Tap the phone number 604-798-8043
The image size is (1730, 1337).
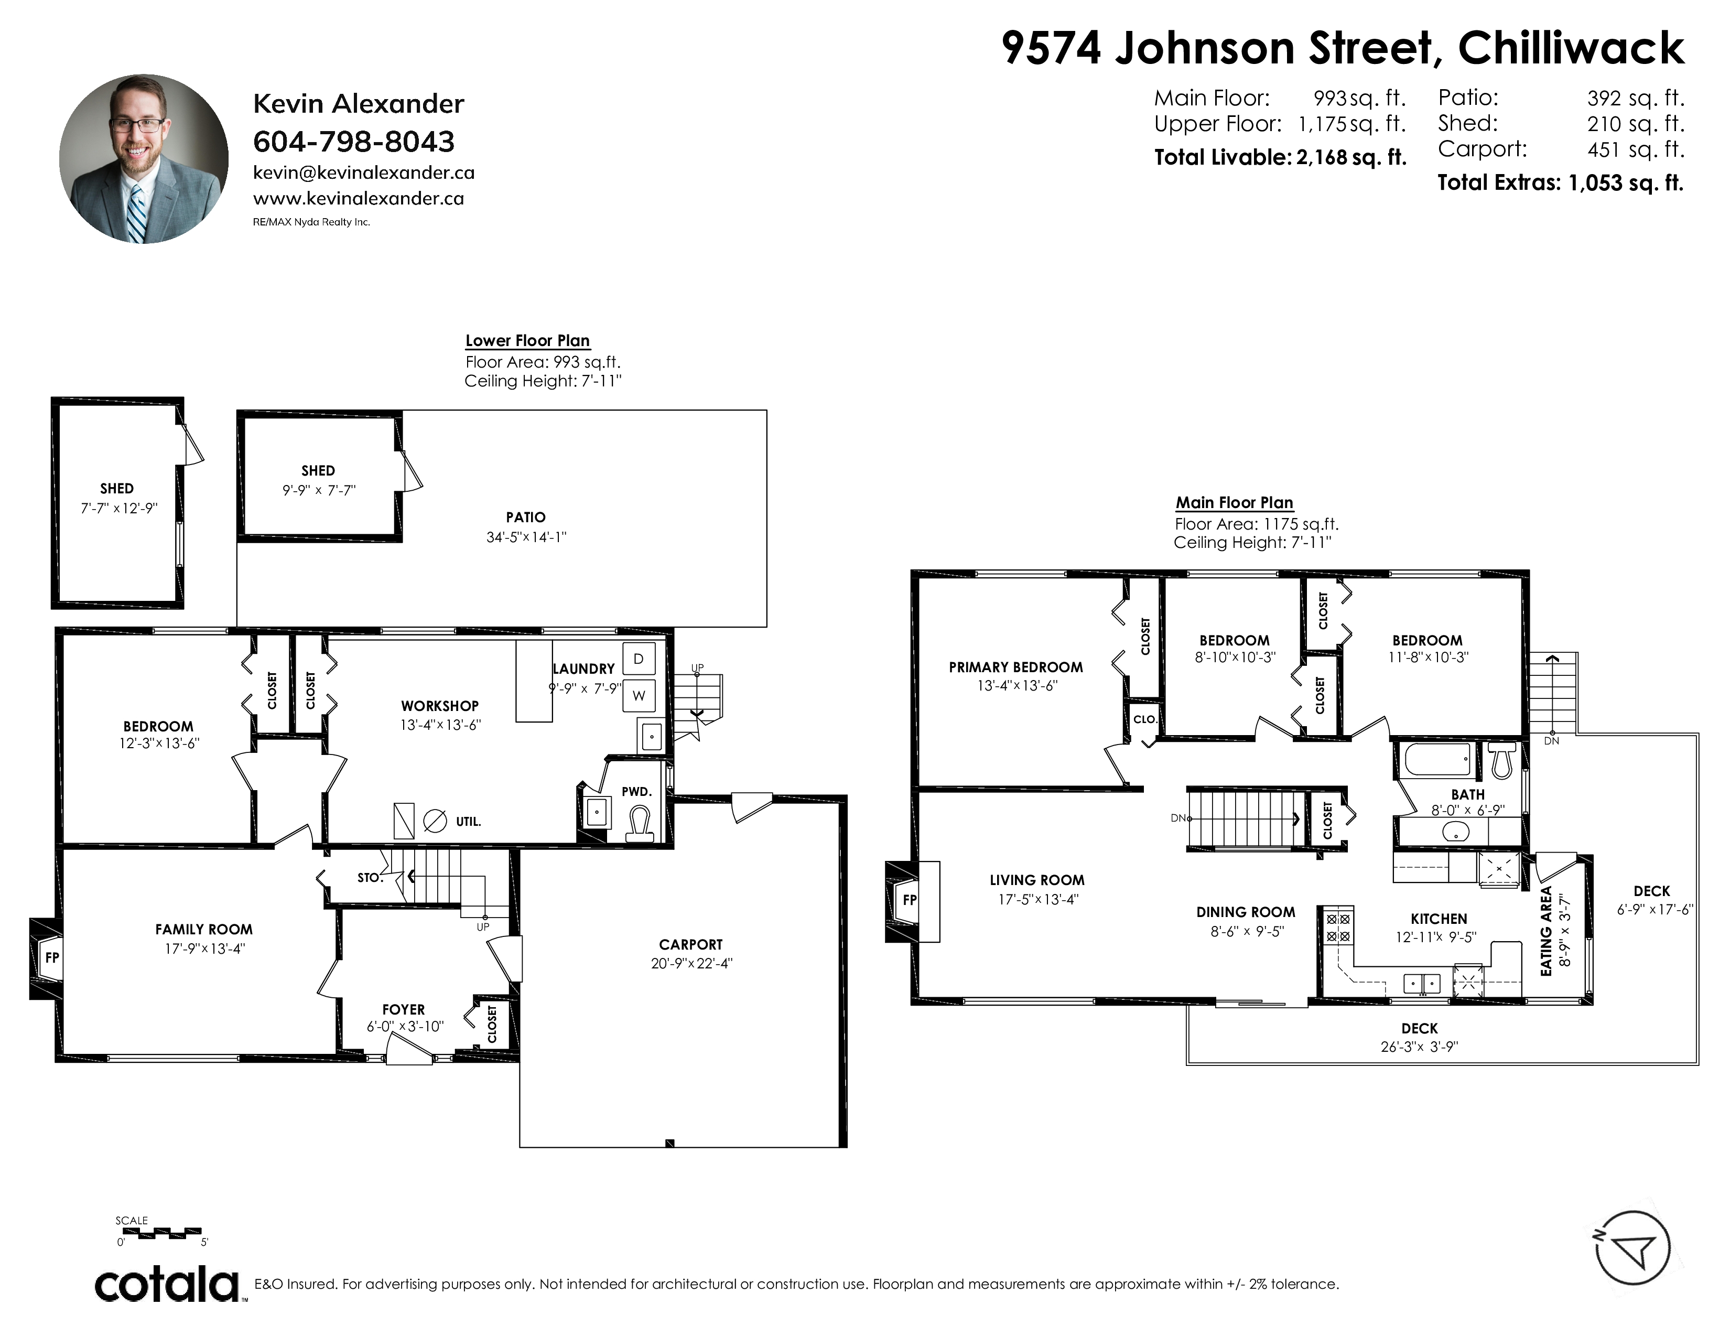(353, 142)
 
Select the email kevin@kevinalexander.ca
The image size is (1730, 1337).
(364, 172)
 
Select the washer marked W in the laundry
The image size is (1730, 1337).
(639, 695)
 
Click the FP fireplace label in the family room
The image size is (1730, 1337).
(52, 957)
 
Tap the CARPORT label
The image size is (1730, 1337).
(691, 944)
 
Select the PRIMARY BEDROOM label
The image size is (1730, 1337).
(1015, 667)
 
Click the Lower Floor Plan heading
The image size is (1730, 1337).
(527, 341)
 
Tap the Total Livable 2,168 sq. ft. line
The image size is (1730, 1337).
(1280, 157)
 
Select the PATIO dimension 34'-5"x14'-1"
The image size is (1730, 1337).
(526, 537)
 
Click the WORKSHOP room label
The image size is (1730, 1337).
(440, 706)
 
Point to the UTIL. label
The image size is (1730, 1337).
(468, 822)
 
